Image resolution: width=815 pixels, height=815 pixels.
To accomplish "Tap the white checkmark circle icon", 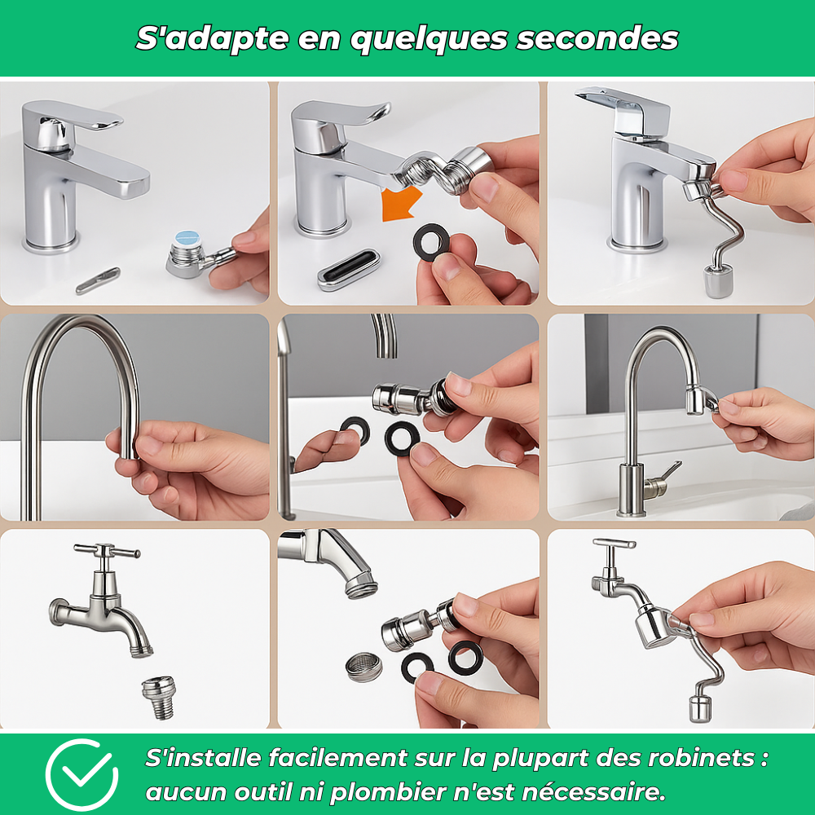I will click(x=81, y=774).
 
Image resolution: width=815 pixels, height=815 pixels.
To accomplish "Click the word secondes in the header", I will click(x=597, y=38).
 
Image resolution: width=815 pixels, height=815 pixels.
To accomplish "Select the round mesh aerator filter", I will click(x=363, y=666).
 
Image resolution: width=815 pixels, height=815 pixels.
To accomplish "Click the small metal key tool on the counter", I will click(x=98, y=280).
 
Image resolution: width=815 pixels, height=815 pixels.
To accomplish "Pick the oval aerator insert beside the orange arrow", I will click(x=348, y=270).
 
